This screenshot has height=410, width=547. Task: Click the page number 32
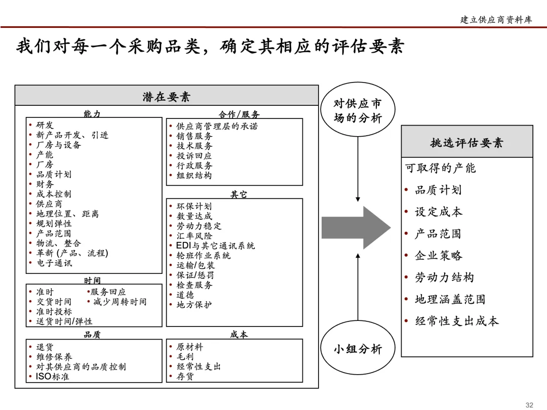(529, 404)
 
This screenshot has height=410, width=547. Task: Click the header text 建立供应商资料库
(496, 20)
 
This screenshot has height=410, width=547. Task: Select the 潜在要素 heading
(166, 96)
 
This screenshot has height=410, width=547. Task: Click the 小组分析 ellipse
(358, 349)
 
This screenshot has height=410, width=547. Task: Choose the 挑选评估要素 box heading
(466, 142)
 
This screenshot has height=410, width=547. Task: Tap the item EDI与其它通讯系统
(215, 246)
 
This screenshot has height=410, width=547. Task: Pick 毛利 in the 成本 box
(184, 357)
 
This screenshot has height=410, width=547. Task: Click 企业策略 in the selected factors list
(438, 256)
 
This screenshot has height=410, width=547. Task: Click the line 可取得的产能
(440, 168)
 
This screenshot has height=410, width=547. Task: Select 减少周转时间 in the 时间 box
(120, 302)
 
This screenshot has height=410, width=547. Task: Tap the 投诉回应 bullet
(194, 156)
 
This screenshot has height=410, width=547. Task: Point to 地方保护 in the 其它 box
(194, 305)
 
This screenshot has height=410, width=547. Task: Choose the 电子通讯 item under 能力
(54, 263)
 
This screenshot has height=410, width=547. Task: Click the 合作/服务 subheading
(239, 114)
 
